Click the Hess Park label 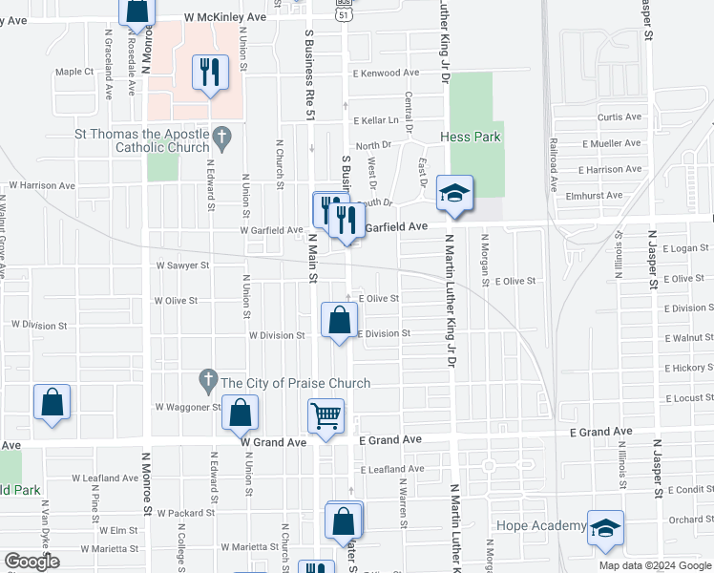click(471, 138)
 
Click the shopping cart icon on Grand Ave click(326, 416)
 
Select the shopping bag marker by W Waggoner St click(241, 413)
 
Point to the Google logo click(32, 562)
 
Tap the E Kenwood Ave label click(386, 74)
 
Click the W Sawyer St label click(181, 265)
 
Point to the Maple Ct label click(74, 72)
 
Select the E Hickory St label click(690, 367)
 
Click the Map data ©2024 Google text click(655, 565)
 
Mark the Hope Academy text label click(541, 526)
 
